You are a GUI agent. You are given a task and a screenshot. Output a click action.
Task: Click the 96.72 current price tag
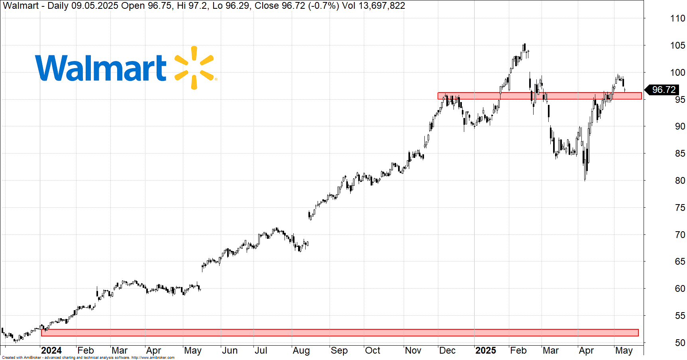[x=663, y=90]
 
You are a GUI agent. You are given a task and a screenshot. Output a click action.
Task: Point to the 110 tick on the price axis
[x=677, y=18]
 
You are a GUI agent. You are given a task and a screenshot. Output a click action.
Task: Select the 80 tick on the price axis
[x=677, y=181]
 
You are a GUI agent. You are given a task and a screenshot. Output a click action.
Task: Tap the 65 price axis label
[x=677, y=262]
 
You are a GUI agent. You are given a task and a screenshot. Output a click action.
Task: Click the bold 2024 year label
[x=51, y=350]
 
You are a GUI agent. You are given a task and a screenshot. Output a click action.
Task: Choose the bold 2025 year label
[x=485, y=350]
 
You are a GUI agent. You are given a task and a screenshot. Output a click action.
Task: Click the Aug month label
[x=301, y=350]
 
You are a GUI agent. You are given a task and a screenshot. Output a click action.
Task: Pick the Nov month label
[x=413, y=350]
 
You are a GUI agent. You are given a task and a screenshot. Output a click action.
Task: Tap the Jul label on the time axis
[x=261, y=350]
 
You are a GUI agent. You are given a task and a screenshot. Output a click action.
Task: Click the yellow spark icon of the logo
[x=194, y=67]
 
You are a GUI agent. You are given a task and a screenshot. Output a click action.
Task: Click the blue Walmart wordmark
[x=101, y=68]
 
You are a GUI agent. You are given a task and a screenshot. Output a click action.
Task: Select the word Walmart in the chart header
[x=21, y=6]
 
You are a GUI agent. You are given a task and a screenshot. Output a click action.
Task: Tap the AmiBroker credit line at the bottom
[x=88, y=358]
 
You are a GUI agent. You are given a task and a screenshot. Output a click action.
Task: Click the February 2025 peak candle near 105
[x=524, y=47]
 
